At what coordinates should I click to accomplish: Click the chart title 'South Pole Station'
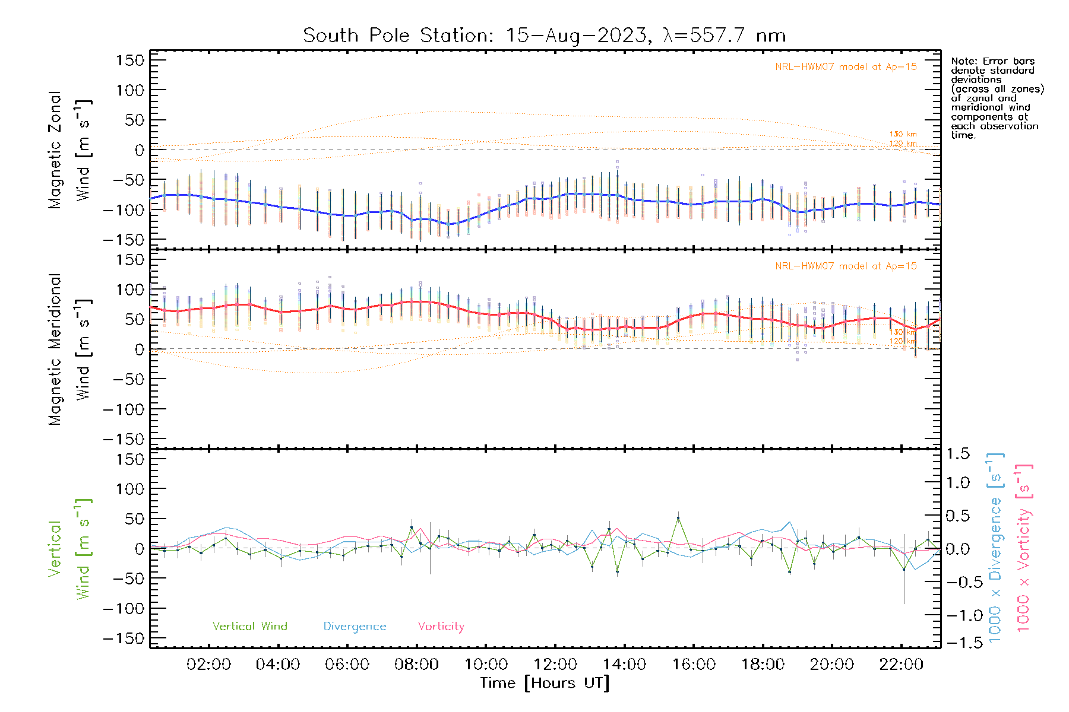coord(397,36)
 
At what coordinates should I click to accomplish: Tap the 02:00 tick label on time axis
coord(208,665)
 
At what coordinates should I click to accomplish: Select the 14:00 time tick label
coord(624,665)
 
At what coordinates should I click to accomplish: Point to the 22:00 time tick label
coord(901,665)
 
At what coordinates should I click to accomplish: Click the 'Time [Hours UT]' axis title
coord(545,684)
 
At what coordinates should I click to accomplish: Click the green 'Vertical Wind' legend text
coord(249,627)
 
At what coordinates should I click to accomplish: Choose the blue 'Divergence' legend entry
coord(355,627)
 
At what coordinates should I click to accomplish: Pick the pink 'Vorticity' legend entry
coord(441,627)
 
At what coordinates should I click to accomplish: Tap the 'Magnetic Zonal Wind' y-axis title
coord(70,150)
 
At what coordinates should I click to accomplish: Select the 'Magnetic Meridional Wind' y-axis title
coord(70,349)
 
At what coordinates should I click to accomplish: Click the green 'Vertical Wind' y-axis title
coord(70,549)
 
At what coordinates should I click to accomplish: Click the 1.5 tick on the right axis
coord(958,454)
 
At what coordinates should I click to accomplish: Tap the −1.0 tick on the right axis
coord(957,616)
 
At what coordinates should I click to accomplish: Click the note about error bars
coord(997,98)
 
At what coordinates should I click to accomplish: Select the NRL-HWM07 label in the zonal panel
coord(846,67)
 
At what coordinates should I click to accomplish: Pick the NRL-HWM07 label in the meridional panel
coord(846,266)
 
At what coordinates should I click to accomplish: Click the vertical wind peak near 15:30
coord(678,518)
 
